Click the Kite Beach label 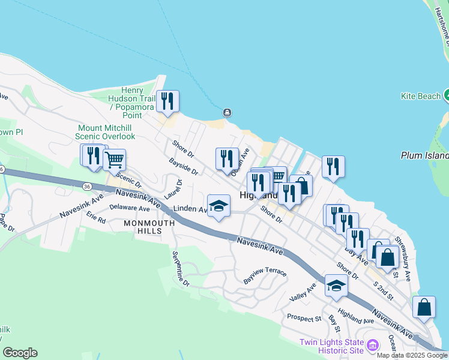point(420,96)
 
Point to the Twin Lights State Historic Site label point(332,346)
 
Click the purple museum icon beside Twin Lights point(373,345)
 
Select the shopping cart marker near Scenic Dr point(114,160)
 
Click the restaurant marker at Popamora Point point(167,101)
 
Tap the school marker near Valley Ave point(336,285)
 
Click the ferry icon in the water point(227,112)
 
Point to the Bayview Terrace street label point(265,276)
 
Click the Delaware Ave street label point(130,208)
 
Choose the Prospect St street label point(304,318)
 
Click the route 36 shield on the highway point(88,187)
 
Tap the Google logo point(20,353)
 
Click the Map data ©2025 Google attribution point(412,355)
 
